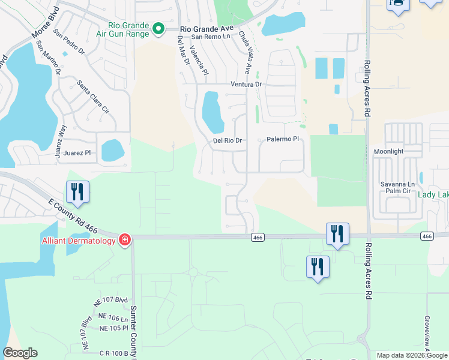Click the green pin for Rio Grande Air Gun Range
tap(158, 29)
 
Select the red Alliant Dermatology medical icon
tap(125, 240)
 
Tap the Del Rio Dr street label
tap(228, 141)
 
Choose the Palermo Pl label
tap(283, 139)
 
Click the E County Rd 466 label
tap(72, 213)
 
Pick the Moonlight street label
tap(388, 152)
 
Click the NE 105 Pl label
tap(113, 328)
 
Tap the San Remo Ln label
tap(210, 37)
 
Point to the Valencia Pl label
tap(197, 60)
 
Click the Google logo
tap(20, 353)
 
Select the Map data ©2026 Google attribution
tap(411, 355)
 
